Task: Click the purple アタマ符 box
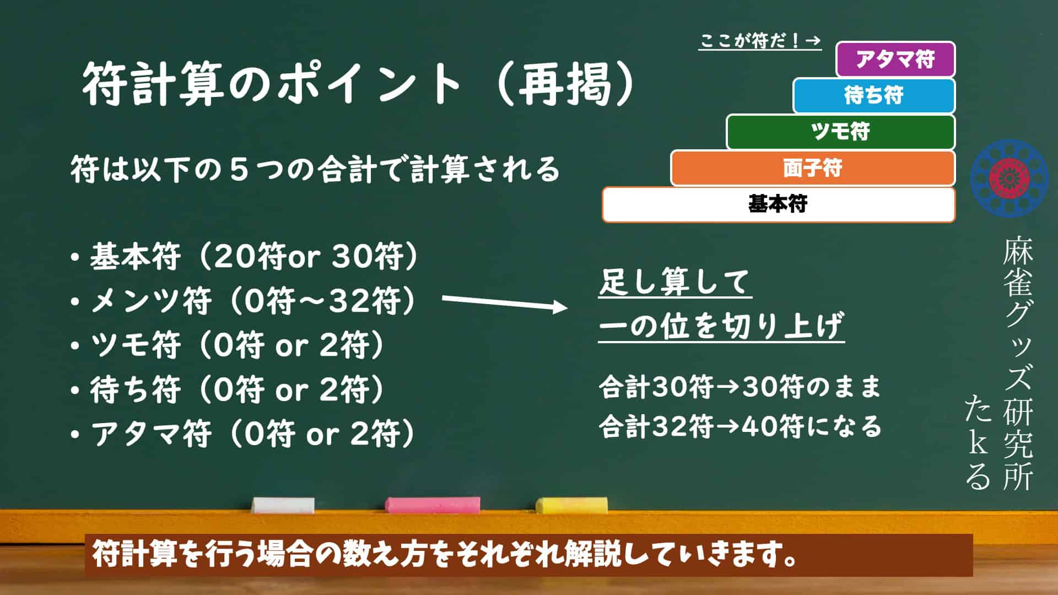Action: pyautogui.click(x=895, y=59)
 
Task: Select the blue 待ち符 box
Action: pyautogui.click(x=874, y=95)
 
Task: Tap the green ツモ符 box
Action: pyautogui.click(x=840, y=132)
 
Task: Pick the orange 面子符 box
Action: pyautogui.click(x=813, y=168)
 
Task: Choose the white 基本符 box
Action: pyautogui.click(x=779, y=204)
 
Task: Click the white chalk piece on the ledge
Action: pyautogui.click(x=283, y=505)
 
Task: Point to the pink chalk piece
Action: pyautogui.click(x=433, y=505)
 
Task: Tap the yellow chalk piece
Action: pyautogui.click(x=572, y=505)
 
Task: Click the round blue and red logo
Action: pyautogui.click(x=1010, y=178)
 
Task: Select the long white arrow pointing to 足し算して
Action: pyautogui.click(x=505, y=302)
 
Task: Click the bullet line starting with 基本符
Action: pyautogui.click(x=245, y=256)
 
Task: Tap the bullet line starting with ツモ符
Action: pyautogui.click(x=228, y=345)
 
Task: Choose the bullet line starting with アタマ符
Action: pyautogui.click(x=243, y=434)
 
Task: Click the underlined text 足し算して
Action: pyautogui.click(x=675, y=283)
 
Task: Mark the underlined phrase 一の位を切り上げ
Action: pyautogui.click(x=721, y=327)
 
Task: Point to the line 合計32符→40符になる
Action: pyautogui.click(x=740, y=426)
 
